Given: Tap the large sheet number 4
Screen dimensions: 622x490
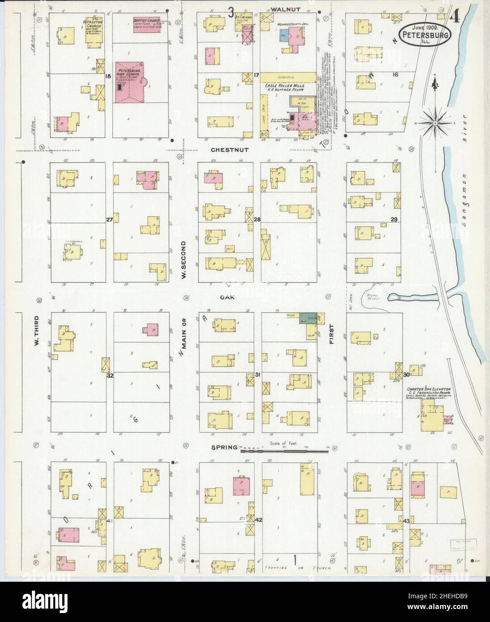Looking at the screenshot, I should coord(455,17).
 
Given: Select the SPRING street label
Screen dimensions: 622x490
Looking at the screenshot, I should coord(224,447).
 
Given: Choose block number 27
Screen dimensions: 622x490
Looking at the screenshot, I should coord(109,219).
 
